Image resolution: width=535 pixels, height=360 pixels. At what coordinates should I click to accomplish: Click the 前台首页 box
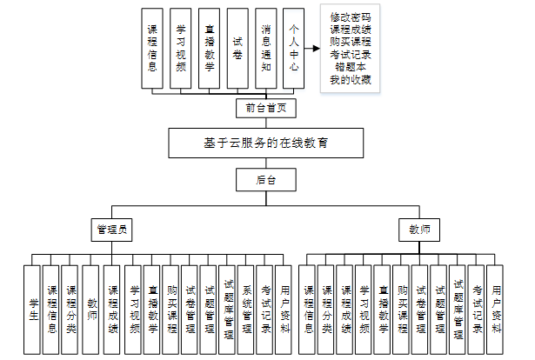[x=265, y=109]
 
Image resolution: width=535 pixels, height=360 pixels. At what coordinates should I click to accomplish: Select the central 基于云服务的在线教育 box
[x=265, y=142]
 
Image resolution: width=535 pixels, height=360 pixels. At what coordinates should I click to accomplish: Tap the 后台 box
[x=265, y=179]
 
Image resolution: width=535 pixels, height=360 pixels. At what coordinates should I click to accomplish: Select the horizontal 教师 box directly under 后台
[x=418, y=230]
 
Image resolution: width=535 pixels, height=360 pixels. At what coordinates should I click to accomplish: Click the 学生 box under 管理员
[x=33, y=309]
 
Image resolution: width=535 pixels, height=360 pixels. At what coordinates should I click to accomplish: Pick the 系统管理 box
[x=247, y=309]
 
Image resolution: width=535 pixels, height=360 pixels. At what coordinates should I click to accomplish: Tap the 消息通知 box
[x=266, y=48]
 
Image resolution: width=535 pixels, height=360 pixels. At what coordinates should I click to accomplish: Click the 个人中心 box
[x=295, y=48]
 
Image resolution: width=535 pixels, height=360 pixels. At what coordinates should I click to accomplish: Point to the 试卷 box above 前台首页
[x=237, y=48]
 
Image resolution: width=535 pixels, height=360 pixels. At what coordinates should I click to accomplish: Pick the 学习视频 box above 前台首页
[x=181, y=48]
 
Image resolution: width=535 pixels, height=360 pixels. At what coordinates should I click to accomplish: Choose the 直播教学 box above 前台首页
[x=209, y=48]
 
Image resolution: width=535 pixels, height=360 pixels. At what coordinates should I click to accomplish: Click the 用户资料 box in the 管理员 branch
[x=285, y=309]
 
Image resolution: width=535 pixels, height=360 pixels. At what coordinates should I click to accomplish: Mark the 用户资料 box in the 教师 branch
[x=496, y=309]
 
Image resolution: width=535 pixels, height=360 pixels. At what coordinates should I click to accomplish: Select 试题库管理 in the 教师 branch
[x=458, y=309]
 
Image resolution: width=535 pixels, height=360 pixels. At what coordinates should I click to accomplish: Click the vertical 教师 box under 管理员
[x=91, y=309]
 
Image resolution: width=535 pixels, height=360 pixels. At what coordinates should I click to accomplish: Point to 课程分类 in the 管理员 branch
[x=71, y=309]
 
